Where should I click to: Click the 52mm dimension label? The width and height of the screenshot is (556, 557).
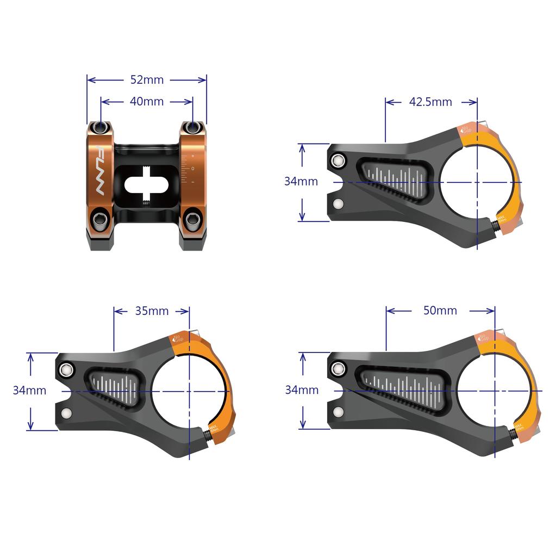[147, 79]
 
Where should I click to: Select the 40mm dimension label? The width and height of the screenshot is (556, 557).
[147, 101]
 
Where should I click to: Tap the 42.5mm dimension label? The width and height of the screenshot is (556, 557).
[431, 102]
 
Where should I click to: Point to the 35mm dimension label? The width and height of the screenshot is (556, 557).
[152, 311]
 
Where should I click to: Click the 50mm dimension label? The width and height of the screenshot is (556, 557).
[440, 311]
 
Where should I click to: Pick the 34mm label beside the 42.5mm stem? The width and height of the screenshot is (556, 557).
[301, 181]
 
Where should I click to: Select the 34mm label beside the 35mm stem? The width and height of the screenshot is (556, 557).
[29, 390]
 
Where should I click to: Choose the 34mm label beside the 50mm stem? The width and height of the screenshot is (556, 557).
[302, 390]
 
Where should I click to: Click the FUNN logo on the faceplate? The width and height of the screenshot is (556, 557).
[100, 173]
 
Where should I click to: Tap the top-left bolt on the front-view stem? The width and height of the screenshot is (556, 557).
[100, 127]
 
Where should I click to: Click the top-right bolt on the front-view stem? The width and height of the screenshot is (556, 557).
[193, 127]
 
